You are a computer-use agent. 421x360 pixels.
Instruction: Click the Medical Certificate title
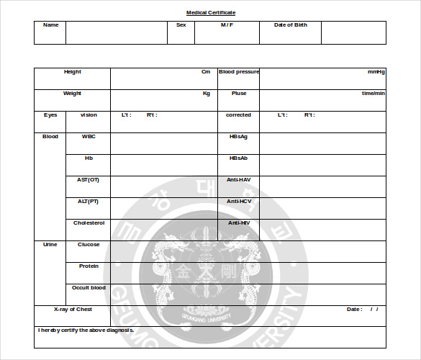tap(211, 13)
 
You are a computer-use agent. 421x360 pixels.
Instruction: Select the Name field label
tap(50, 25)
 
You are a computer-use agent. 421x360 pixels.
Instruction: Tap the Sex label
tap(181, 25)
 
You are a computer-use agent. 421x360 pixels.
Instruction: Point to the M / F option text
tap(227, 25)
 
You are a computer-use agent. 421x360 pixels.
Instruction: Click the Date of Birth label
tap(290, 25)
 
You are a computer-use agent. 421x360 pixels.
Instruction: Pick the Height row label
tap(73, 72)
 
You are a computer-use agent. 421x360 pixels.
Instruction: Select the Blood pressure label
tap(239, 72)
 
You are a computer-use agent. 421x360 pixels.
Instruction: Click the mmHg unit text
tap(376, 72)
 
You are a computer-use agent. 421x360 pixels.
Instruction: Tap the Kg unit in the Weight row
tap(206, 94)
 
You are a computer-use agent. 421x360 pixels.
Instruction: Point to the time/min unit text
tap(374, 94)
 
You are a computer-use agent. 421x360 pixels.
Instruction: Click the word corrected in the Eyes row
tap(238, 115)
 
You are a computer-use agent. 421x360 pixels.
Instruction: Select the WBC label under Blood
tap(89, 137)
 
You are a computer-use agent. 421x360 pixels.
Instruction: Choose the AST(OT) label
tap(89, 180)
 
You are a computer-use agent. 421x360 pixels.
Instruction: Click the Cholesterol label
tap(89, 223)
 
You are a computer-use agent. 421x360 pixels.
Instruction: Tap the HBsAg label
tap(238, 137)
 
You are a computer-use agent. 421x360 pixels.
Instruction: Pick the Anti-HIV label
tap(238, 223)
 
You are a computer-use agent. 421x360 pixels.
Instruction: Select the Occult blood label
tap(89, 288)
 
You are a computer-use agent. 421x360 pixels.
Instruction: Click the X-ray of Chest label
tap(73, 310)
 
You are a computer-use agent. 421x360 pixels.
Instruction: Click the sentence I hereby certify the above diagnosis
tap(86, 330)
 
